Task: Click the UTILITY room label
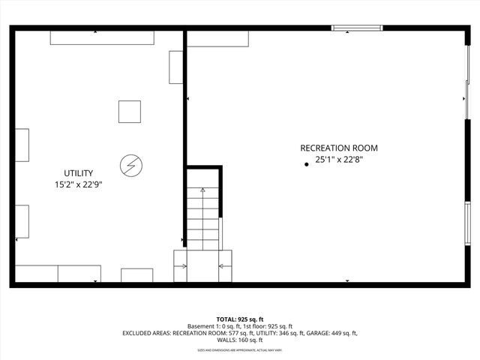[x=78, y=173]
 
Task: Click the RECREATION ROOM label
[x=339, y=148]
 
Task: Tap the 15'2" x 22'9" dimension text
[x=78, y=184]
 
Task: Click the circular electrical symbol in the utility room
[x=130, y=163]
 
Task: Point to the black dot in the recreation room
[x=306, y=164]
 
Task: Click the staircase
[x=204, y=217]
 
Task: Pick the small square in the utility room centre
[x=129, y=111]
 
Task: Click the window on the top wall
[x=357, y=29]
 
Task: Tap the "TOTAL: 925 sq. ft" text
[x=240, y=319]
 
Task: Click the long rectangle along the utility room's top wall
[x=102, y=37]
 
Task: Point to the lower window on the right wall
[x=467, y=223]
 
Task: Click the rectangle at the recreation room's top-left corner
[x=217, y=39]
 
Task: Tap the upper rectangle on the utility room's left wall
[x=22, y=145]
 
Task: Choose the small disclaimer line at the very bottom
[x=240, y=349]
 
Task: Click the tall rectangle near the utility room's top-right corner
[x=176, y=67]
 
